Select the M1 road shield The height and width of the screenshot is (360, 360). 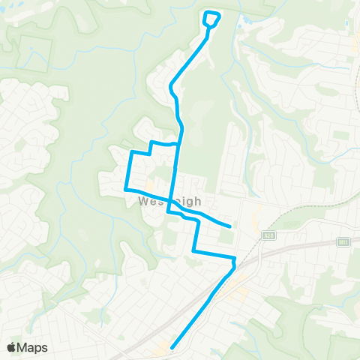pos(343,241)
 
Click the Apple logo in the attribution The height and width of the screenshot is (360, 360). pos(11,346)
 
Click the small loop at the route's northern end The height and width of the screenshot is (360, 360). pos(212,18)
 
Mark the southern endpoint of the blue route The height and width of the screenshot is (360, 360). pos(172,347)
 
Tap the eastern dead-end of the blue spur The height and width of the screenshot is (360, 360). pos(229,225)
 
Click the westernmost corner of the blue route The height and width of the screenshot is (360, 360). pos(125,190)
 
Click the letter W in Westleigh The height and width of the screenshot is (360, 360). pos(143,201)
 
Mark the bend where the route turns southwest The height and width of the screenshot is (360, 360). pos(235,264)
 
